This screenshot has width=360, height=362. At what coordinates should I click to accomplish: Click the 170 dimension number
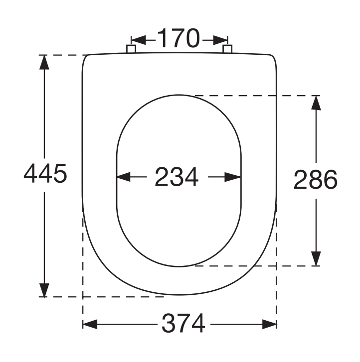[179, 38]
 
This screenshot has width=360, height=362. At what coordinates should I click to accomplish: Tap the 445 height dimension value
[45, 174]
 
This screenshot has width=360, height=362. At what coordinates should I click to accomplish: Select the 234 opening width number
[177, 177]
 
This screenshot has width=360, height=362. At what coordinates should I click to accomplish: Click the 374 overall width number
[183, 325]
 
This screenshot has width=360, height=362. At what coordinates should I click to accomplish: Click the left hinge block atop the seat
[131, 49]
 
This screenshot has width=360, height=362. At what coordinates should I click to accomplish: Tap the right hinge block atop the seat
[227, 49]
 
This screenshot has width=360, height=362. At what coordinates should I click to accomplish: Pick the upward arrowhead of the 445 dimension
[44, 62]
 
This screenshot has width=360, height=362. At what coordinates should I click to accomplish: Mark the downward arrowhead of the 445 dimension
[44, 290]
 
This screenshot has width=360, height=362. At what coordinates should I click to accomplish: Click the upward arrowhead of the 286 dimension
[315, 103]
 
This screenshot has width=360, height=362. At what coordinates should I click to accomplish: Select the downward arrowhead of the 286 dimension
[315, 258]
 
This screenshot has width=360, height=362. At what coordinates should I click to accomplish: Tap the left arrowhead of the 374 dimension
[90, 325]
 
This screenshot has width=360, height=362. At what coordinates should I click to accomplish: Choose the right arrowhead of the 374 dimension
[269, 325]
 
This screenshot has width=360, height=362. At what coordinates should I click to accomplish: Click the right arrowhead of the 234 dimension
[234, 177]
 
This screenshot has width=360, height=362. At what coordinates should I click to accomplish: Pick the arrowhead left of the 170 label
[138, 39]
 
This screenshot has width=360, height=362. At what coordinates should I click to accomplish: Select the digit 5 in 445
[59, 174]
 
